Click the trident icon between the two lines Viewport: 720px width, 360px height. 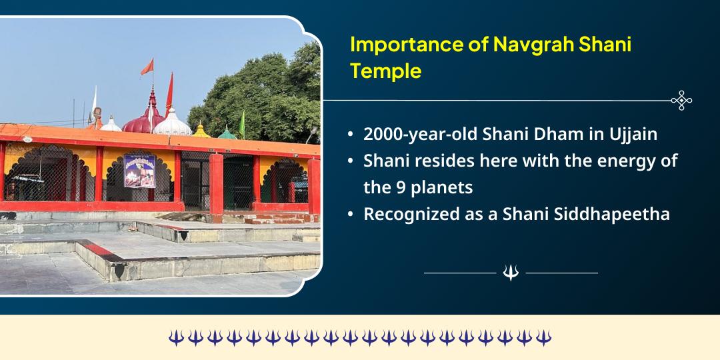[511, 273]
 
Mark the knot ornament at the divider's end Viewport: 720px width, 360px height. [681, 101]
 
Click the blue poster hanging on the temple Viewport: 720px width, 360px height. [139, 171]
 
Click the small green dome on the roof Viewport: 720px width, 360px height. [227, 133]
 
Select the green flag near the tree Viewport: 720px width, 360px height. [242, 123]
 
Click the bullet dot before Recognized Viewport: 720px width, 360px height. [351, 215]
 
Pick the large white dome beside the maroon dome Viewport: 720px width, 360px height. [173, 123]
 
